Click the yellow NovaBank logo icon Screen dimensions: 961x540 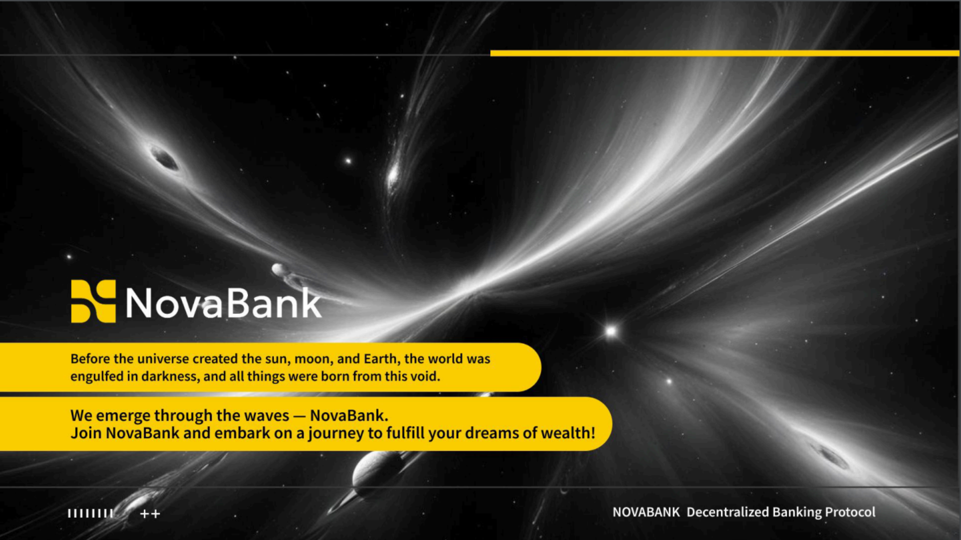[93, 301]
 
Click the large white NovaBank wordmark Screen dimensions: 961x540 [223, 303]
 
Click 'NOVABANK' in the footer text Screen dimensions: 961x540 [646, 512]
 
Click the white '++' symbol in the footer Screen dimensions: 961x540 [150, 514]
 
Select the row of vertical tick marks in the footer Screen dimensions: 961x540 [91, 513]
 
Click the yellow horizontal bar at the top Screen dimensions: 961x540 [725, 53]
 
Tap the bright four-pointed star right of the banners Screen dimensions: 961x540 [611, 331]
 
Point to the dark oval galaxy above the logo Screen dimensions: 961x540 [164, 159]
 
